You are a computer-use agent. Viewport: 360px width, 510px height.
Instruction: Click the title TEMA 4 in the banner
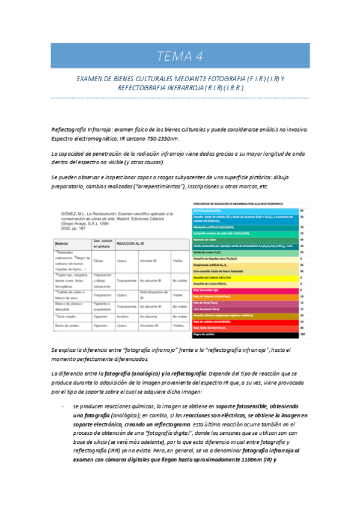click(180, 57)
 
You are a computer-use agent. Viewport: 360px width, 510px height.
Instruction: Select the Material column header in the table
click(63, 243)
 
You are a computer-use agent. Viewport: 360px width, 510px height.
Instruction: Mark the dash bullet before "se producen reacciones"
click(63, 407)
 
